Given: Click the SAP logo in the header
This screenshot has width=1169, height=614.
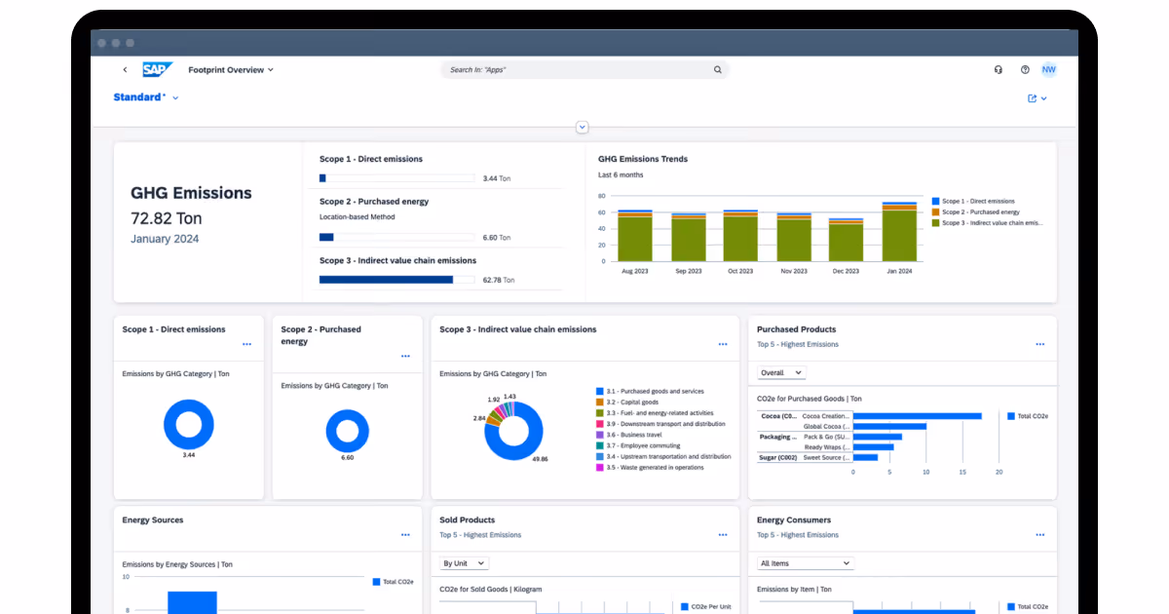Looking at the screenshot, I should pos(157,69).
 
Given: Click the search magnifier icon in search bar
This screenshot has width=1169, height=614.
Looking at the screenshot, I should pos(718,70).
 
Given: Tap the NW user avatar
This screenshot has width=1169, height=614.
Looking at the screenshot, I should pos(1048,69).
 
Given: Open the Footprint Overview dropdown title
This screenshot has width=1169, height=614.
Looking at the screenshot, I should pos(231,70).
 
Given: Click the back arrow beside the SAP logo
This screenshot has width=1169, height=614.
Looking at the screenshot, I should pos(125,70).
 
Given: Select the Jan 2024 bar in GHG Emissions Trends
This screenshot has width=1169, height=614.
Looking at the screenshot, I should pos(899,233).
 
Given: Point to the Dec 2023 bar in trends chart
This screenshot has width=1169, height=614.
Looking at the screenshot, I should pos(846,241).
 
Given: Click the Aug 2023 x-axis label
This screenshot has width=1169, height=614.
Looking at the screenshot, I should pos(634,271).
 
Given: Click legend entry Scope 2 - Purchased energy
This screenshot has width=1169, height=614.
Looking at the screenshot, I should pos(980,211).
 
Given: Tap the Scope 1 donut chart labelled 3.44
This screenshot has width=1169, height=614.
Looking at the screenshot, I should pos(188,424).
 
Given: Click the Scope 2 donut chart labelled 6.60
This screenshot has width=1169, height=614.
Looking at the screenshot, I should pos(347,430).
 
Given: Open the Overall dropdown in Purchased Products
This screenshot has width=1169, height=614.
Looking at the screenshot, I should pos(781,372).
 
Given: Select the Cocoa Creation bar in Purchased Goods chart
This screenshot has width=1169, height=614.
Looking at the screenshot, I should pos(917,416).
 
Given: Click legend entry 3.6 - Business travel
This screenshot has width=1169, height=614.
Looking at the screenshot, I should pos(640,435).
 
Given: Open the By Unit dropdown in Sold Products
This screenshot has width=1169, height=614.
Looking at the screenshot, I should pos(464,563).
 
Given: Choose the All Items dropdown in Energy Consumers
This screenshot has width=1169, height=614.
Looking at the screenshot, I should pos(806,563).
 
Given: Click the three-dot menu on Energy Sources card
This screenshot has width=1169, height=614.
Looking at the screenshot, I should pos(405,534).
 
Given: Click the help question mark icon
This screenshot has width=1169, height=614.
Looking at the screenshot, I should pos(1025,70).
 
